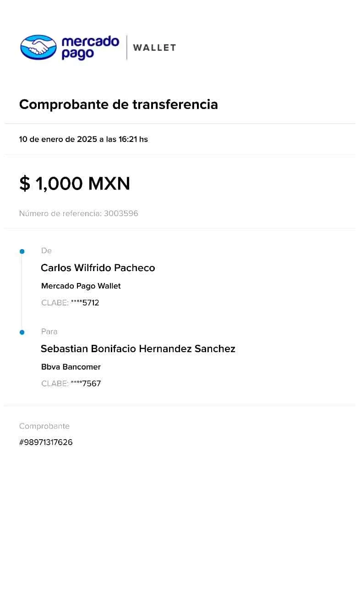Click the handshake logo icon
(x=38, y=47)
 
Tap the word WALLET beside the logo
(x=155, y=48)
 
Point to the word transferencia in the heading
(x=175, y=104)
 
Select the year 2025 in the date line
(x=87, y=139)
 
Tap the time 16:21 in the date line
(x=128, y=139)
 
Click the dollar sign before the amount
(x=25, y=184)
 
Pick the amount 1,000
(x=59, y=184)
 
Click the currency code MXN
(x=109, y=184)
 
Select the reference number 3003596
(x=121, y=213)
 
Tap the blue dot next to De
(x=22, y=251)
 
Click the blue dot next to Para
(x=22, y=332)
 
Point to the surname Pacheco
(x=135, y=268)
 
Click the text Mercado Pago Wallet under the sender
(x=81, y=286)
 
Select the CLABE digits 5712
(x=91, y=303)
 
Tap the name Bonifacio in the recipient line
(x=114, y=349)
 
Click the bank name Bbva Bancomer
(x=71, y=367)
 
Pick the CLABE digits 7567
(x=92, y=383)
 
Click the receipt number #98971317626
(x=46, y=442)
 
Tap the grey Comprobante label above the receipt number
(x=44, y=426)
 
